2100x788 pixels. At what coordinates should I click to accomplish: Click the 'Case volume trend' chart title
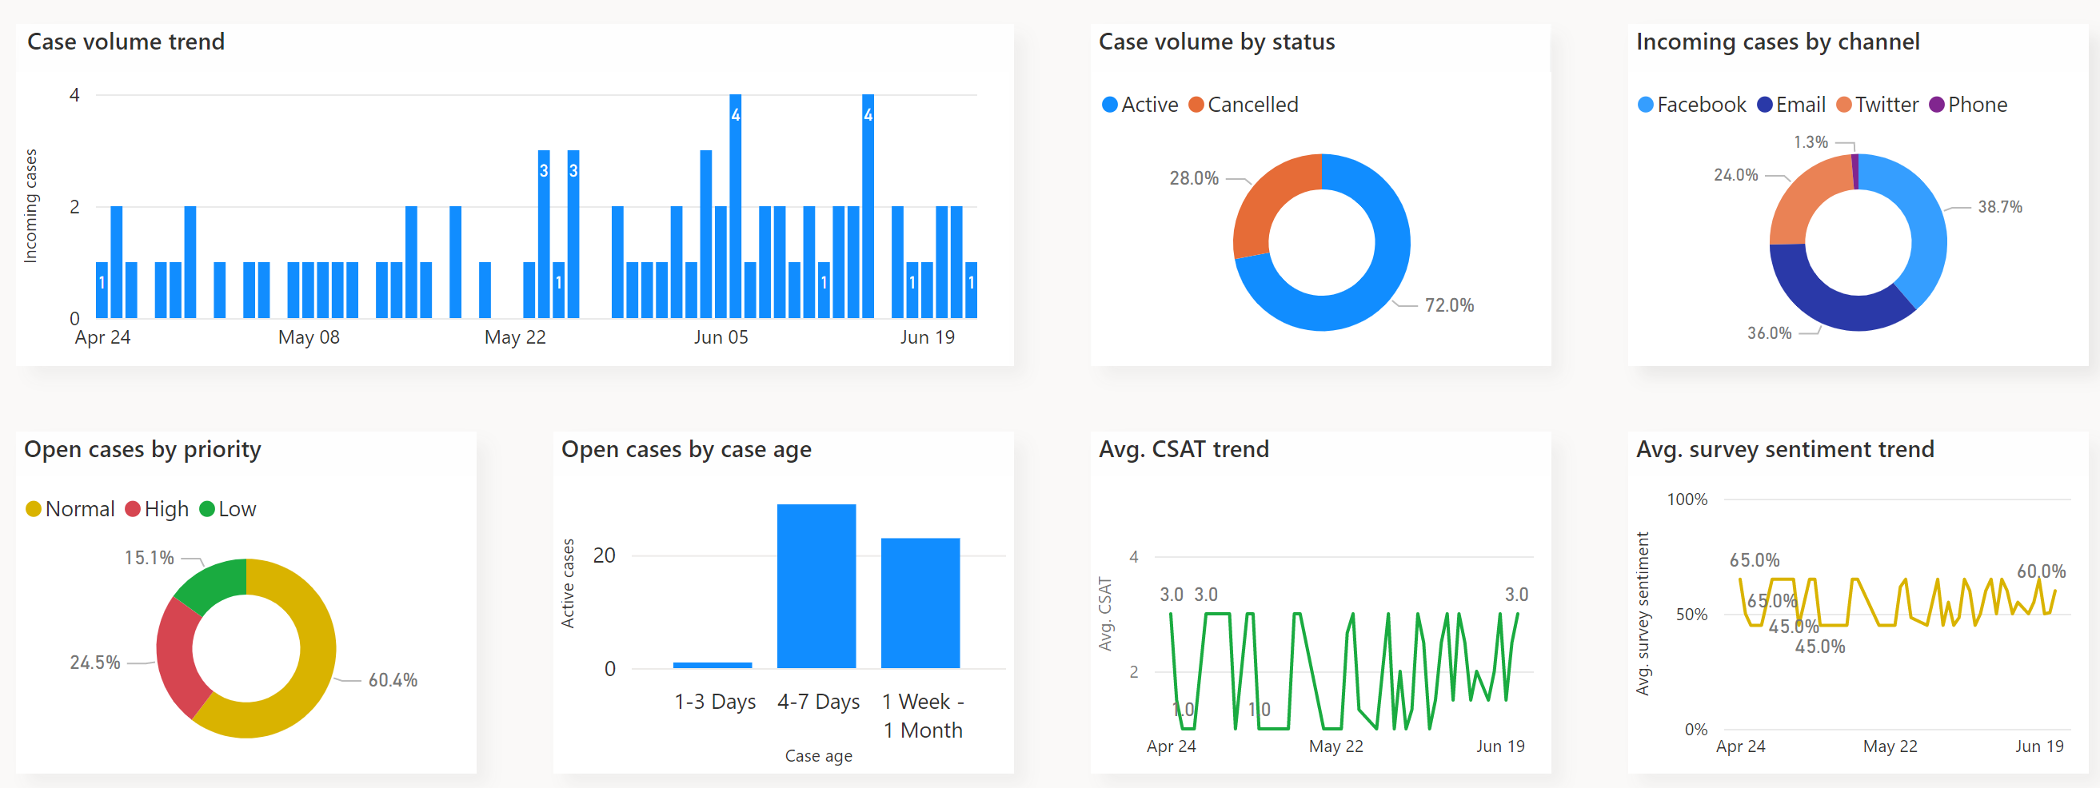click(x=126, y=42)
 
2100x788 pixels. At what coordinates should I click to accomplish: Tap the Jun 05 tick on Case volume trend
click(x=720, y=337)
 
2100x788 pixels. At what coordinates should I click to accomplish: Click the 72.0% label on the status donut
click(x=1448, y=305)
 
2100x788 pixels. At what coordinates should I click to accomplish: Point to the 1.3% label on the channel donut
click(x=1810, y=142)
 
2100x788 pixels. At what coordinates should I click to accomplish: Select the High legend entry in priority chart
click(x=158, y=509)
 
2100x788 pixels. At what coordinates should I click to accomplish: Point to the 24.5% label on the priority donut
click(x=94, y=663)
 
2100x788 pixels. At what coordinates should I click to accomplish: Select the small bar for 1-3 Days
click(x=712, y=665)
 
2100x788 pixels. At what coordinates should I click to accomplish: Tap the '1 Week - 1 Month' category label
click(x=923, y=715)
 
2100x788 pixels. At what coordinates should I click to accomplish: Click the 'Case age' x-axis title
click(x=817, y=756)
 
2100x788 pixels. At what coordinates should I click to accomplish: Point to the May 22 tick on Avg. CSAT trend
click(x=1335, y=746)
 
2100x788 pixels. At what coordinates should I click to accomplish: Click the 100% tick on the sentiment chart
click(x=1686, y=499)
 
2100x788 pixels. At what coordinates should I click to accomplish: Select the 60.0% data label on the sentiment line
click(x=2041, y=571)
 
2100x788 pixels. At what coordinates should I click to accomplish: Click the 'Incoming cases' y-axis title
click(x=30, y=205)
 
